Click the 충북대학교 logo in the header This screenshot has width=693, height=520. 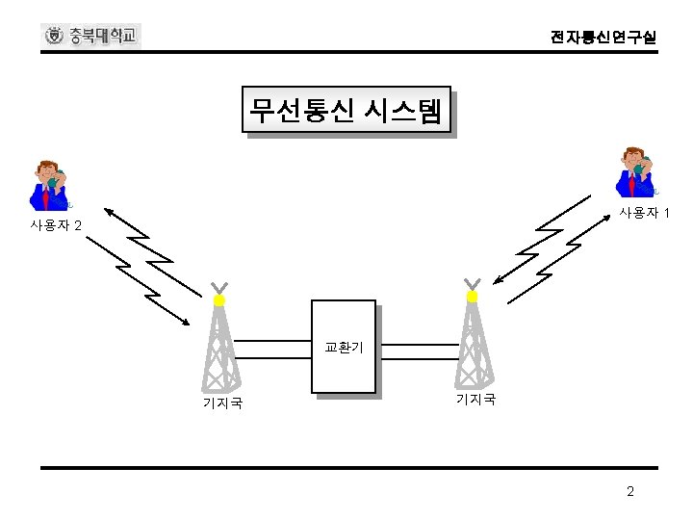pos(92,37)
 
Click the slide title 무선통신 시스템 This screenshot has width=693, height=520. pos(346,110)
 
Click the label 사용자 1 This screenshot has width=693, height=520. pos(645,212)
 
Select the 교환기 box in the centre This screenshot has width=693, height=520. pos(344,348)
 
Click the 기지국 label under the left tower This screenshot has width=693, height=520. pos(221,403)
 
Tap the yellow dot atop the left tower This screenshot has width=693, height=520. pos(219,300)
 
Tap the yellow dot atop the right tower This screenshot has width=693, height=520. pos(472,298)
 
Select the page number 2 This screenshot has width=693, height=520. pos(630,492)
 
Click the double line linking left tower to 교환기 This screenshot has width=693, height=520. pos(273,348)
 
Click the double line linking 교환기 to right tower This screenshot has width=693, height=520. pos(414,348)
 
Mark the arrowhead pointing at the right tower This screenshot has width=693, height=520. pos(496,282)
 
